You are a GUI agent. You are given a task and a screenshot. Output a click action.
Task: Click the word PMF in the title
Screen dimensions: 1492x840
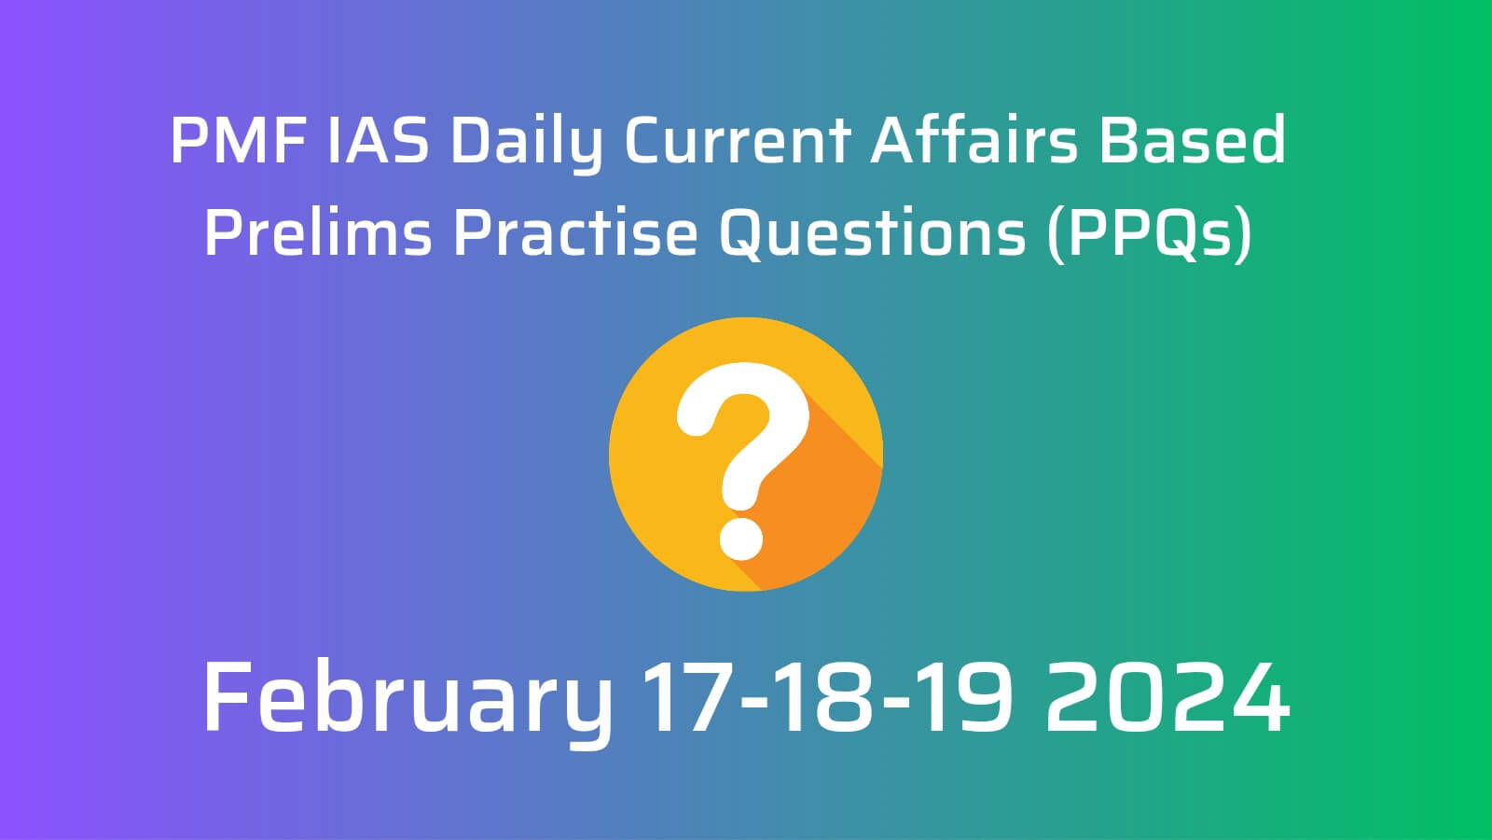(x=238, y=139)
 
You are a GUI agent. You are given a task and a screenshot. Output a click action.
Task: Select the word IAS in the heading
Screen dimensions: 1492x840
(x=378, y=139)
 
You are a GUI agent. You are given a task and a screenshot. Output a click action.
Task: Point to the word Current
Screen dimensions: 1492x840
(x=737, y=139)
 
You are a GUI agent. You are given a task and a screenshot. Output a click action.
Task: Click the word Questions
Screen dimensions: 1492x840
(x=872, y=233)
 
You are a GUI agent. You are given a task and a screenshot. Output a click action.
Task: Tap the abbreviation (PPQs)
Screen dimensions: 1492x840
(x=1149, y=233)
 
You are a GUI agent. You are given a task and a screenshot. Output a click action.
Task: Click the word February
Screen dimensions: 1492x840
(x=407, y=701)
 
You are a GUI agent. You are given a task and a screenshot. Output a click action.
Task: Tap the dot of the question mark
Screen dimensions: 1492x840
(x=740, y=539)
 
